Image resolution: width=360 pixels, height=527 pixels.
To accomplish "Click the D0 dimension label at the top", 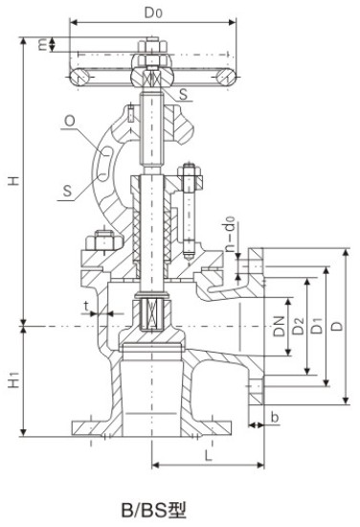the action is [153, 12].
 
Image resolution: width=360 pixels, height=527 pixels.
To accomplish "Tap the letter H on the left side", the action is [14, 180].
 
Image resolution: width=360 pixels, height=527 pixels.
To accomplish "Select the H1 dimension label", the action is [13, 380].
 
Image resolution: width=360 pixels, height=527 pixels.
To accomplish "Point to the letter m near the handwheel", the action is [42, 44].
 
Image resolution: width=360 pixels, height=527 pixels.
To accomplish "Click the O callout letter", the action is [70, 121].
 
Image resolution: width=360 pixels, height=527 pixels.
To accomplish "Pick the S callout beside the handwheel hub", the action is [184, 94].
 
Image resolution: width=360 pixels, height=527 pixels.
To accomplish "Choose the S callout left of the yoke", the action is [67, 191].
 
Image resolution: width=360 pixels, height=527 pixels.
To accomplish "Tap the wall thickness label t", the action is [86, 307].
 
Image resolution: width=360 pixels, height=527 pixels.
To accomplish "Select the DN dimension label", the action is [279, 326].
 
